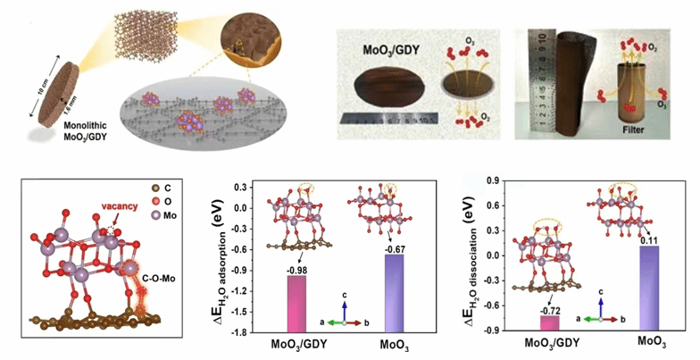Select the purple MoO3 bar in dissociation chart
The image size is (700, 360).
654,288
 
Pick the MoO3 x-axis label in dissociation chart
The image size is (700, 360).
654,342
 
